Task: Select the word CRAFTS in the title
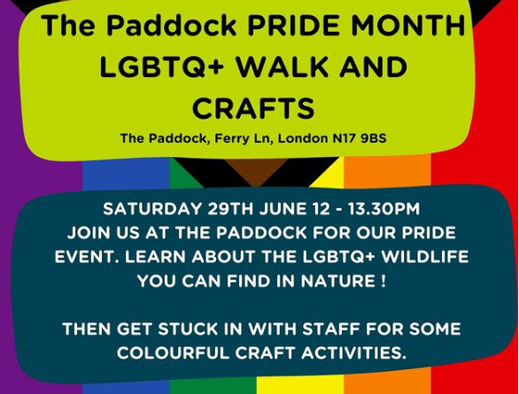[253, 108]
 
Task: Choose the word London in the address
[303, 138]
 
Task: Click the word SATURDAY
[152, 209]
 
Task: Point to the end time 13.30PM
[383, 209]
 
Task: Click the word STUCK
[188, 329]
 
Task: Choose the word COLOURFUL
[173, 353]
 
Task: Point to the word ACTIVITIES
[353, 353]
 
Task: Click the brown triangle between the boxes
[259, 170]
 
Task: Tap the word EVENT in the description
[86, 257]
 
